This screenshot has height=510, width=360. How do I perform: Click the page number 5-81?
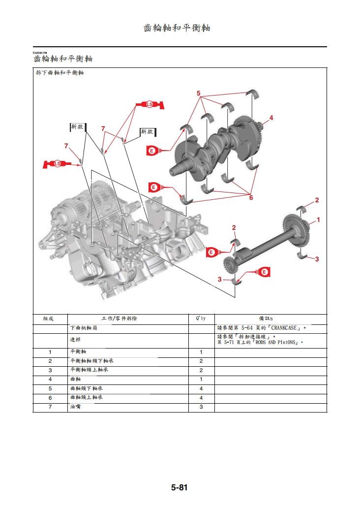pyautogui.click(x=180, y=488)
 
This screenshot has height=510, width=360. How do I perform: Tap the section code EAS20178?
pyautogui.click(x=40, y=53)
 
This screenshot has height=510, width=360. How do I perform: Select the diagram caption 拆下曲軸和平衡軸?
pyautogui.click(x=60, y=73)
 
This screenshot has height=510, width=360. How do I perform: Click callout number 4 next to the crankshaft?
pyautogui.click(x=271, y=118)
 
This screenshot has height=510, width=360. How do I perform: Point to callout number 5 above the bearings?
pyautogui.click(x=199, y=93)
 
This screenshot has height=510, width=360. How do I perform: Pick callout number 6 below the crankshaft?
pyautogui.click(x=251, y=197)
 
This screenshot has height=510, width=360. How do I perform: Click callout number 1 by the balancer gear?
pyautogui.click(x=318, y=220)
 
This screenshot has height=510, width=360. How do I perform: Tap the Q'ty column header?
pyautogui.click(x=201, y=319)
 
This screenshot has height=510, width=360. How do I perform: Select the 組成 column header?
pyautogui.click(x=50, y=319)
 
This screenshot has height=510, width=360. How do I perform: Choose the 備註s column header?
pyautogui.click(x=270, y=319)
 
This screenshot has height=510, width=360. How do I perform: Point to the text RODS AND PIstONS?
pyautogui.click(x=276, y=342)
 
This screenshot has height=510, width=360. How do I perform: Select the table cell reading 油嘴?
pyautogui.click(x=75, y=407)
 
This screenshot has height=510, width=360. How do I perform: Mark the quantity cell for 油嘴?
pyautogui.click(x=201, y=407)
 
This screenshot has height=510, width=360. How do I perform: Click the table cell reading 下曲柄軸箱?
pyautogui.click(x=84, y=328)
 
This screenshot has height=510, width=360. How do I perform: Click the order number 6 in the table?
pyautogui.click(x=50, y=398)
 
